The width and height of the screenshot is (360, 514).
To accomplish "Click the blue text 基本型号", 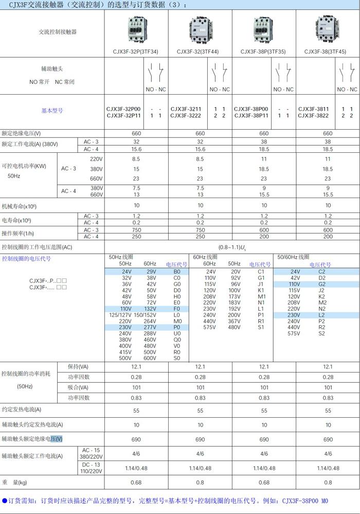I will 52,111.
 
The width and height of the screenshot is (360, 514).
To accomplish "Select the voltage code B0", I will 177,271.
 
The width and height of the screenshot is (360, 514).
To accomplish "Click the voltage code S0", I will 177,358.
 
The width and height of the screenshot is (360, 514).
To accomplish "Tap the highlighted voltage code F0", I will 177,309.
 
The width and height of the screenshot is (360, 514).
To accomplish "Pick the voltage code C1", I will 261,271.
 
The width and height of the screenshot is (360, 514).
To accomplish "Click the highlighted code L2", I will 322,315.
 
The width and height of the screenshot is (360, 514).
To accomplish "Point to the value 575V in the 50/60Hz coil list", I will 294,333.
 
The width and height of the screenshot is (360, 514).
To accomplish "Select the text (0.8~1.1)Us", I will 232,247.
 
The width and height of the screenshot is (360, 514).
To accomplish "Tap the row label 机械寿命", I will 19,206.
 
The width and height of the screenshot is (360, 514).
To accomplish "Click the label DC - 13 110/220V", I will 91,468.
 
